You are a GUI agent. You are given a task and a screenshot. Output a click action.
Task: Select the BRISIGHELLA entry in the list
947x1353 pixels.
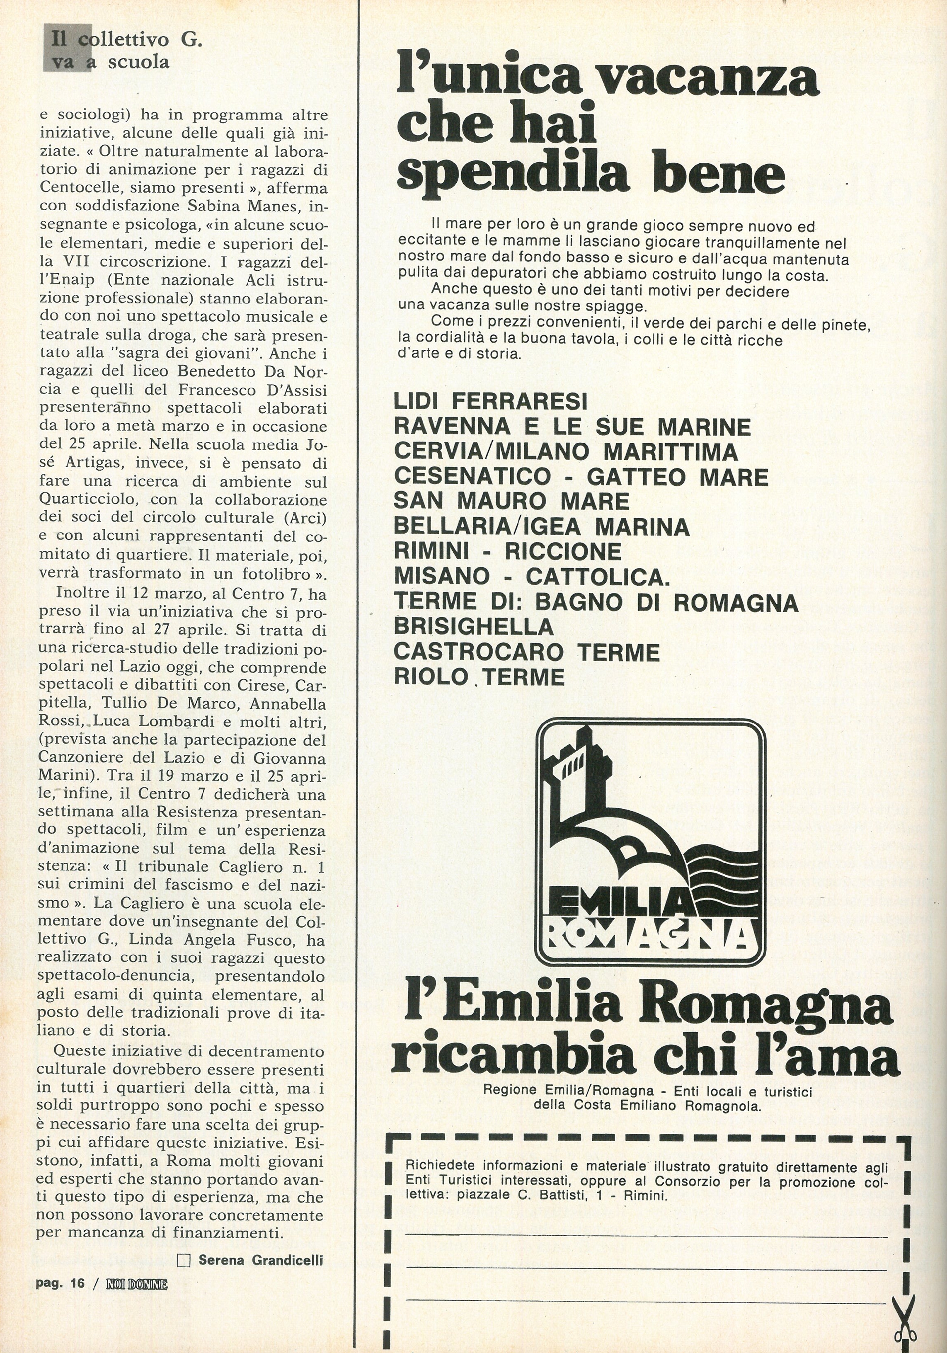[x=473, y=626]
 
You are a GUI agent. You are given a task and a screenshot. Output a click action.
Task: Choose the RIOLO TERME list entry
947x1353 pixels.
[x=479, y=676]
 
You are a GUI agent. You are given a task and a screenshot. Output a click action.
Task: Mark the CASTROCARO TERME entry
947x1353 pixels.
[x=526, y=652]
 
